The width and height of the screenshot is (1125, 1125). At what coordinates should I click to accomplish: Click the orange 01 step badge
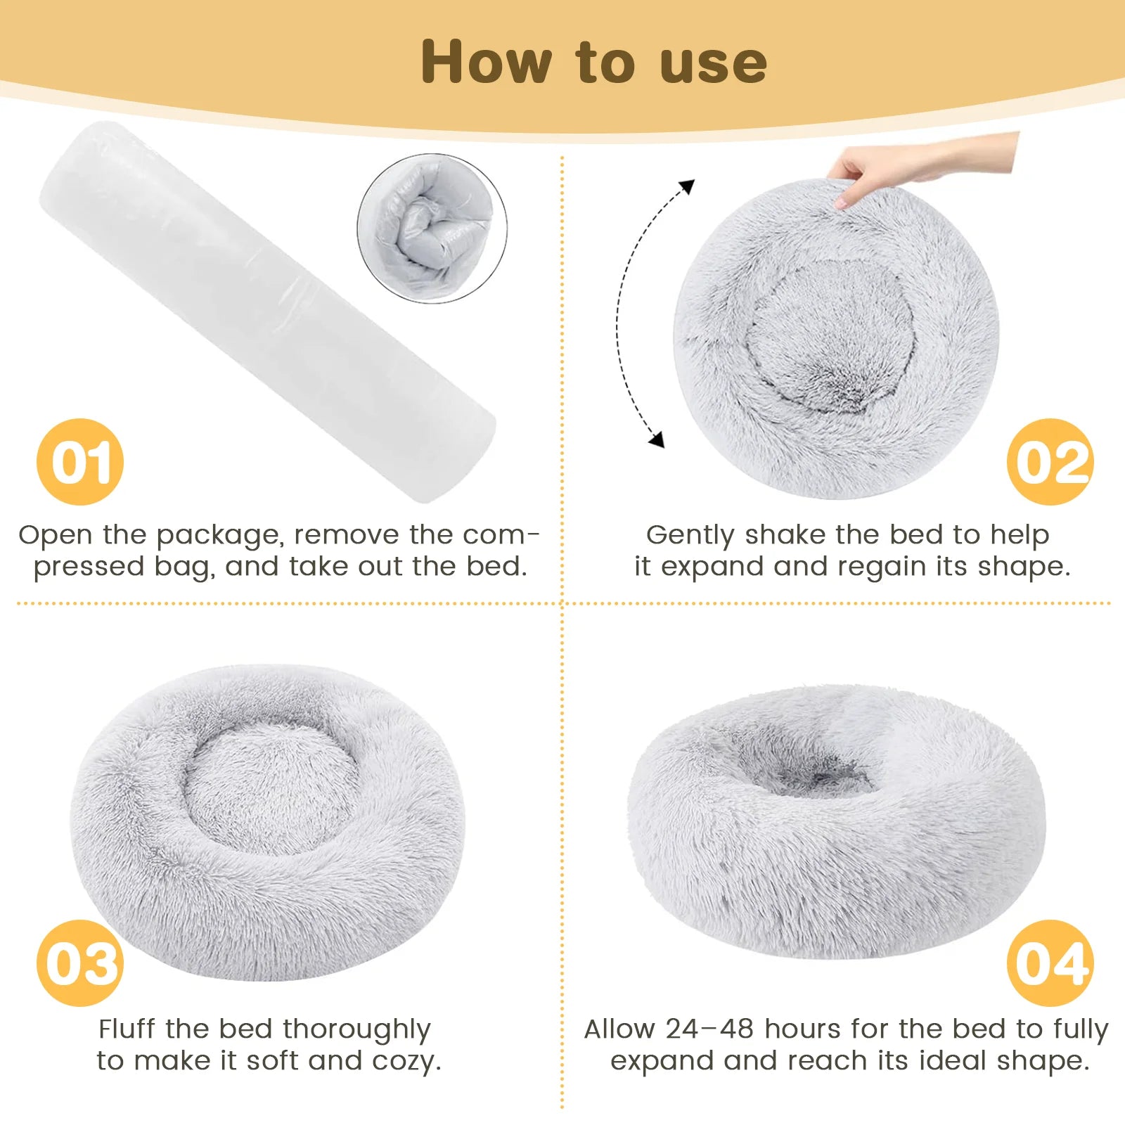(80, 462)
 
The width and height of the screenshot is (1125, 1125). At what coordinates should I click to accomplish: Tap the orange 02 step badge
(1050, 462)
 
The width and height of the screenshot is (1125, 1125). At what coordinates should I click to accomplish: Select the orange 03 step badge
(80, 963)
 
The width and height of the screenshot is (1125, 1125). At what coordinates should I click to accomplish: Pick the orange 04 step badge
(1050, 963)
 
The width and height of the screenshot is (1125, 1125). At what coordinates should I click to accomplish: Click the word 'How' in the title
(486, 63)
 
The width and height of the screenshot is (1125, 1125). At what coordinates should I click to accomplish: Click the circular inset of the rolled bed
(432, 229)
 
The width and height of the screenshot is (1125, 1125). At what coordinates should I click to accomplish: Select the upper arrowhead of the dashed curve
(688, 186)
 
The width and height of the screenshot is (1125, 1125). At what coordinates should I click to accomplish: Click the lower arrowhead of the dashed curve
(657, 440)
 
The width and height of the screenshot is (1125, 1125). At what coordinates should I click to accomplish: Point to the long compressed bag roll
(267, 309)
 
